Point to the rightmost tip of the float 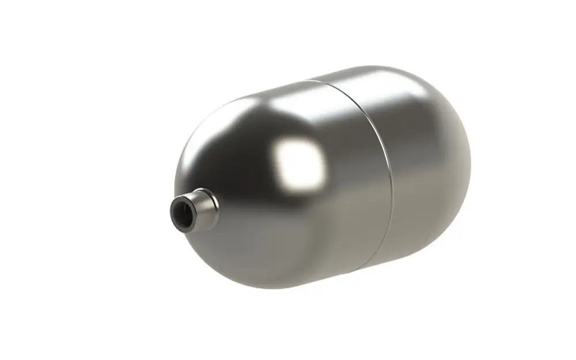[471, 161]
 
